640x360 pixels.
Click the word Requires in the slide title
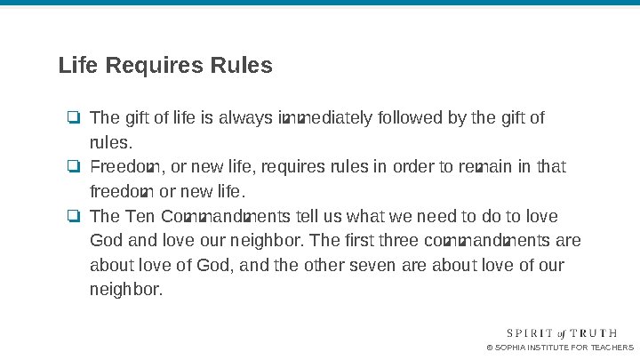(156, 66)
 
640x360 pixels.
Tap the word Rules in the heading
(241, 66)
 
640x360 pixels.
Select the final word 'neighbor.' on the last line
(126, 292)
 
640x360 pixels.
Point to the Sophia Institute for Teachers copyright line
(561, 348)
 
